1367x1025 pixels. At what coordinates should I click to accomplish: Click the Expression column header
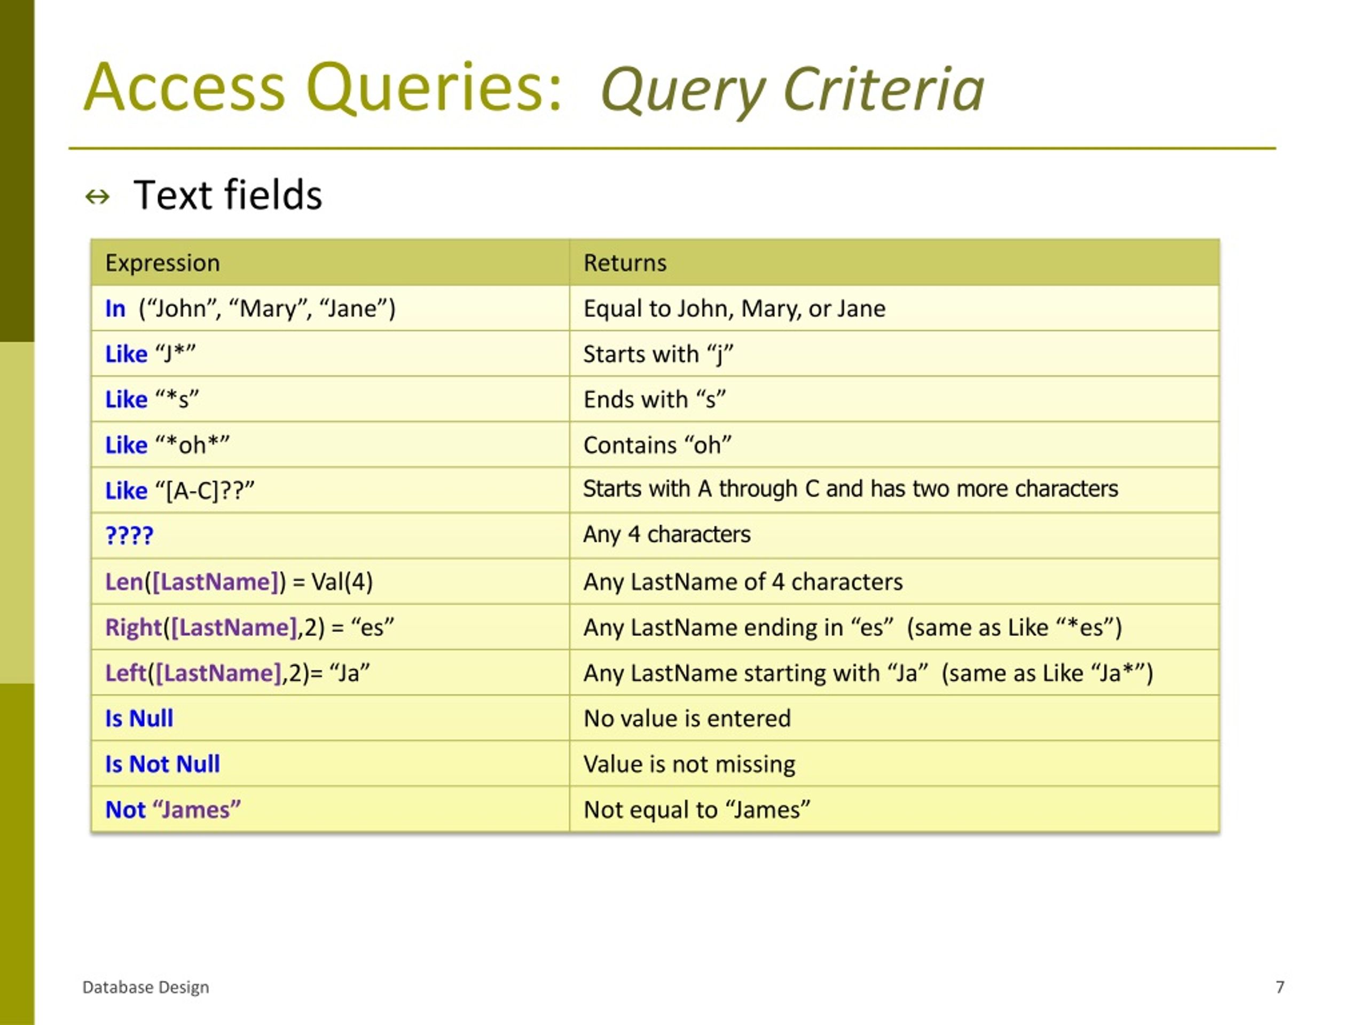click(162, 263)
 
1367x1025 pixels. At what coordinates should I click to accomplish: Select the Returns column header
click(625, 263)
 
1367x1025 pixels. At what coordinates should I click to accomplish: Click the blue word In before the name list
click(115, 309)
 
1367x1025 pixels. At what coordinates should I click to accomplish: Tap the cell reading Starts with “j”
click(658, 354)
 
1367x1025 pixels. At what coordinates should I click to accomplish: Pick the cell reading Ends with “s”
click(655, 400)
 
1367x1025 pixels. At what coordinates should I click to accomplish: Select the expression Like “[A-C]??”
click(180, 491)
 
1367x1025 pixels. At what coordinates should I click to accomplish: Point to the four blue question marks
click(129, 535)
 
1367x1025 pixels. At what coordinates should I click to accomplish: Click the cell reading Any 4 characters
click(667, 534)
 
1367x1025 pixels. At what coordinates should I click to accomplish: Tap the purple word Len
click(123, 582)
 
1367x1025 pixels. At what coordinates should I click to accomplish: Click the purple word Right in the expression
click(133, 628)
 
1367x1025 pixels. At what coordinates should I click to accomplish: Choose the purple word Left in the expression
click(125, 673)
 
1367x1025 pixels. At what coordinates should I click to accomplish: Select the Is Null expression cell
click(139, 719)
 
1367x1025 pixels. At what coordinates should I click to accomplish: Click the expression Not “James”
click(173, 809)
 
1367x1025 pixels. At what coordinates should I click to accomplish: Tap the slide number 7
click(1280, 987)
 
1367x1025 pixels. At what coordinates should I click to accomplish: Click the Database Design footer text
click(146, 987)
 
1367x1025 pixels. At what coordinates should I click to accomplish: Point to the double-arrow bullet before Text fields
click(98, 197)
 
